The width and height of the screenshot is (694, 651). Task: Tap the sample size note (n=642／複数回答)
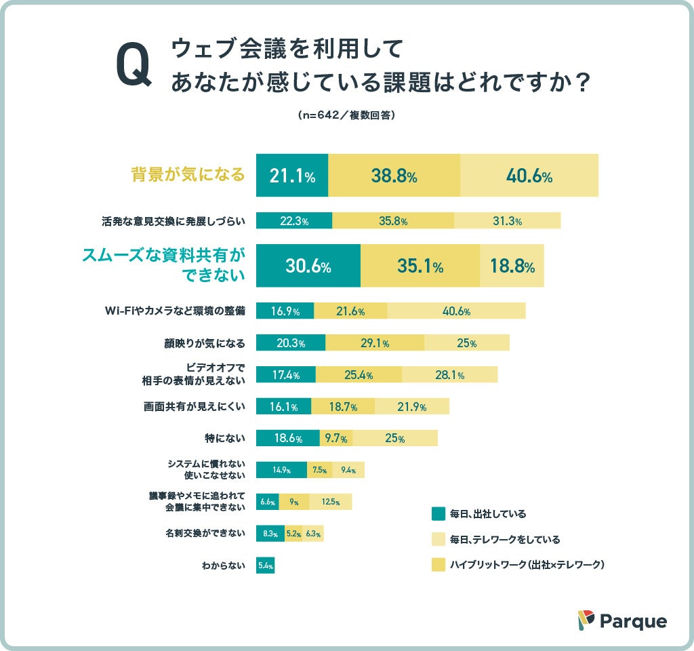click(x=346, y=115)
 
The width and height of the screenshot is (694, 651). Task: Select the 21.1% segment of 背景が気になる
click(x=292, y=176)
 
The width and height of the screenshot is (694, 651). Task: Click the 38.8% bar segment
click(x=394, y=176)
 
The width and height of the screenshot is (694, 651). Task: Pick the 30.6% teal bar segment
click(x=308, y=266)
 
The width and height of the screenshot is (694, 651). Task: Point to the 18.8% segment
click(x=512, y=266)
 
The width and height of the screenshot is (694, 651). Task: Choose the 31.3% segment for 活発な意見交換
click(x=507, y=221)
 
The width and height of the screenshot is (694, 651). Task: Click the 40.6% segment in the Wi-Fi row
click(x=456, y=311)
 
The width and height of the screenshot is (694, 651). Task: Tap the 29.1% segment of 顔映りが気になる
click(x=375, y=342)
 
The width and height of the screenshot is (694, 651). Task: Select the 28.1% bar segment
click(x=449, y=374)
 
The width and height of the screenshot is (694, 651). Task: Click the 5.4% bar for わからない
click(x=265, y=565)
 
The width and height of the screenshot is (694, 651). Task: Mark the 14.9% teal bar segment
click(x=281, y=470)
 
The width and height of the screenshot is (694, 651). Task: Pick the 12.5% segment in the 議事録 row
click(x=331, y=502)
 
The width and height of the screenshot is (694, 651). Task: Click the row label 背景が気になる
click(x=188, y=175)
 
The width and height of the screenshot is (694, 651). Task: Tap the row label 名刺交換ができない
click(x=205, y=533)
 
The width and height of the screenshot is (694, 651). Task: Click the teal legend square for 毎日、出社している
click(x=438, y=513)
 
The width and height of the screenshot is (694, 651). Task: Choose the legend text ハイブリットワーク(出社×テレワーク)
click(x=527, y=564)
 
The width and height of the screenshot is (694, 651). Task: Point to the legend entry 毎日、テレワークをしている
click(x=505, y=539)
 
